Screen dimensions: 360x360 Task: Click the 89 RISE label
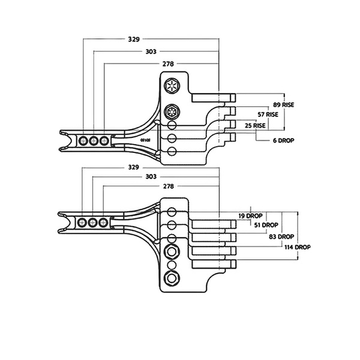[283, 104]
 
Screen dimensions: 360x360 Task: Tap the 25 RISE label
[255, 126]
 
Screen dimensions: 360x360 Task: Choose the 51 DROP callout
[265, 225]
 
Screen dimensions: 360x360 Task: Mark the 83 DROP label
[281, 236]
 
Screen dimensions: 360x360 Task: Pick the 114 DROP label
[298, 247]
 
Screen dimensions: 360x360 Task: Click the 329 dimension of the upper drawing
[134, 40]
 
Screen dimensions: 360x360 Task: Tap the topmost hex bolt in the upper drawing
[172, 86]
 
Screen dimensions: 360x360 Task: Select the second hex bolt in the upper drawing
[172, 112]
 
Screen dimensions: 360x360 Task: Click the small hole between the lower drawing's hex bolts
[172, 264]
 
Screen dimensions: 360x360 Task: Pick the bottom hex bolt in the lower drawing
[172, 277]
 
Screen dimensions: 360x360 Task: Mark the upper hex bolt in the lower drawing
[172, 251]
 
